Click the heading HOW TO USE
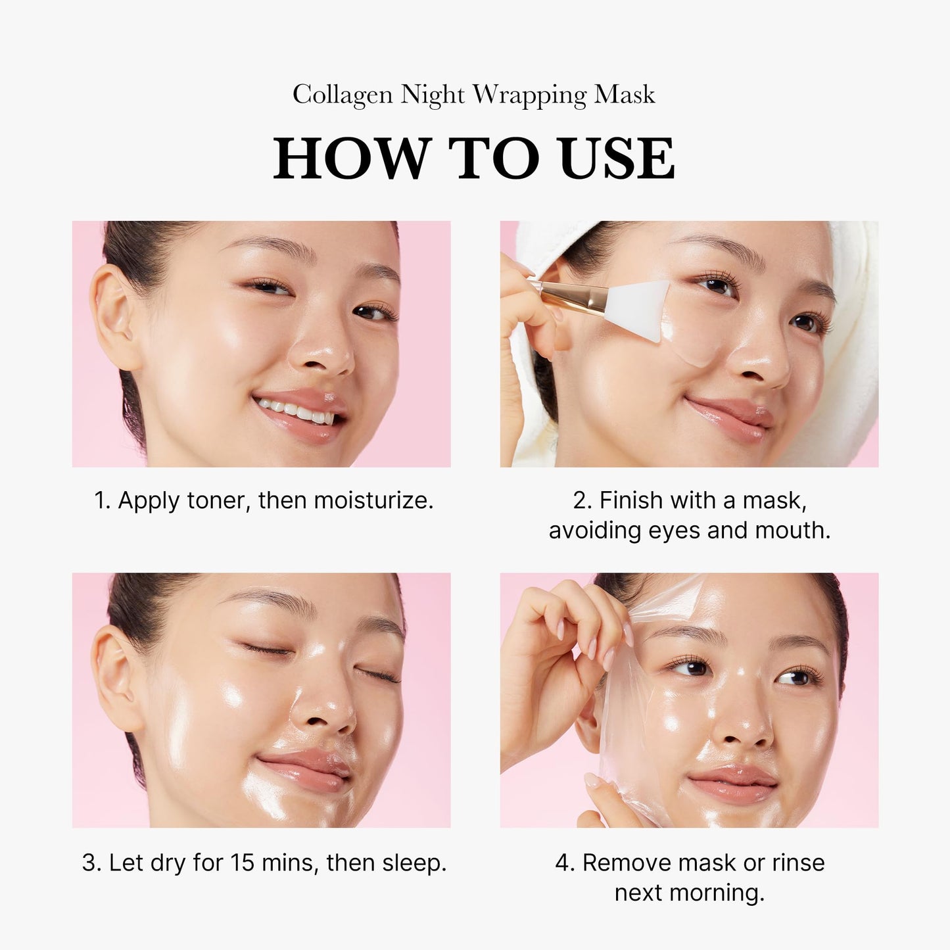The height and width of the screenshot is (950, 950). tap(474, 158)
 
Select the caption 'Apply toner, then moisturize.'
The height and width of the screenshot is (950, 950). tap(264, 500)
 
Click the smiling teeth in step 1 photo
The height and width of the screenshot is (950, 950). tap(296, 412)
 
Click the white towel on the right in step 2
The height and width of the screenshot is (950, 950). tap(855, 329)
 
